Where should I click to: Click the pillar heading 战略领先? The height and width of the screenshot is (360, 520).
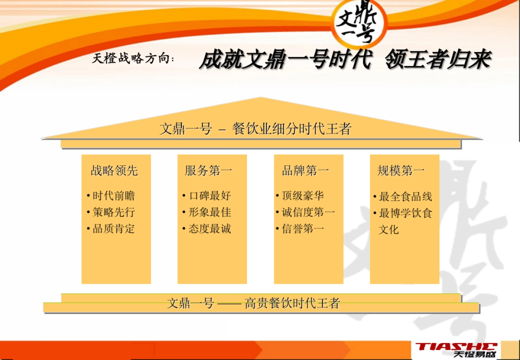[x=114, y=171]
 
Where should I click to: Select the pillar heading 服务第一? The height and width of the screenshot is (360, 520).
[x=208, y=171]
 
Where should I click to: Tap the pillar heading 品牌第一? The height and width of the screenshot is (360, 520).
[x=305, y=171]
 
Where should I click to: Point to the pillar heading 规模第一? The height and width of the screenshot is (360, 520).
[x=401, y=171]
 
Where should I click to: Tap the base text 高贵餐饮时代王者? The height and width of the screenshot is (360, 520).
[x=292, y=303]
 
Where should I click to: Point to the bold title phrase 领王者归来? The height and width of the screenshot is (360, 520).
[x=438, y=60]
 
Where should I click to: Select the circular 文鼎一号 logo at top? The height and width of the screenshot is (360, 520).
[x=359, y=23]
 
